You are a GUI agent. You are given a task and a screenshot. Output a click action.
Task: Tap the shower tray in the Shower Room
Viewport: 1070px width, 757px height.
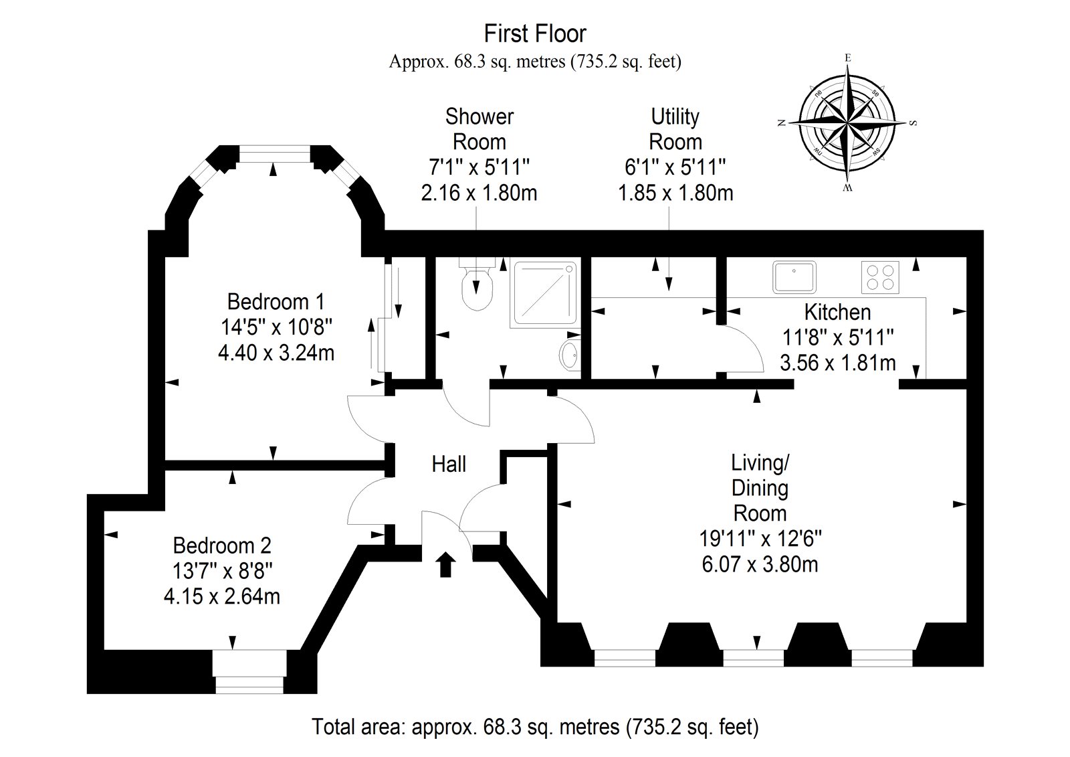click(545, 295)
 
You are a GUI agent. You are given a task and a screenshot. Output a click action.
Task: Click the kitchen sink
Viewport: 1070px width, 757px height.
click(794, 276)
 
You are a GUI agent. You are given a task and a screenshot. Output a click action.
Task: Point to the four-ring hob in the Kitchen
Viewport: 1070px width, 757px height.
click(880, 277)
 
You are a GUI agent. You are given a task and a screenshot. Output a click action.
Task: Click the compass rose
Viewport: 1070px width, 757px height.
click(847, 123)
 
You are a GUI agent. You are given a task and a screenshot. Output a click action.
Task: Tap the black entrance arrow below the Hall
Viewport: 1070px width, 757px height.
click(445, 564)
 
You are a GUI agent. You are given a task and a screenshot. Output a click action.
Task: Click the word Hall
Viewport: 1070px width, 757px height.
click(449, 465)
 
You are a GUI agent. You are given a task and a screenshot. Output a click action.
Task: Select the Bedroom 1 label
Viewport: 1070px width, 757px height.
click(276, 302)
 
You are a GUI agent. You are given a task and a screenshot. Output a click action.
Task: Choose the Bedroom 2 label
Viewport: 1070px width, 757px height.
click(222, 545)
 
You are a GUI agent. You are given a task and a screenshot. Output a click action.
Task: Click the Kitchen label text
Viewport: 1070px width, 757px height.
click(837, 312)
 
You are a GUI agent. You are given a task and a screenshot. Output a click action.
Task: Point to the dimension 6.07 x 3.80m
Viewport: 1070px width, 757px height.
click(760, 564)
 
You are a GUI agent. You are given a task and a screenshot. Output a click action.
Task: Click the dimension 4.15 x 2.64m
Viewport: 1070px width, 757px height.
click(221, 597)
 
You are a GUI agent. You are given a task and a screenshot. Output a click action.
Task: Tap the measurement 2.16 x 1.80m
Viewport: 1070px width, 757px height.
click(479, 193)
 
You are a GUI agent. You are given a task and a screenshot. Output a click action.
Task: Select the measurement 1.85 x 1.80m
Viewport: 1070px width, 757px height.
click(675, 193)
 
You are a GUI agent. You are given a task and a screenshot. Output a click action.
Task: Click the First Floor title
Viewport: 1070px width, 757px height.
click(535, 33)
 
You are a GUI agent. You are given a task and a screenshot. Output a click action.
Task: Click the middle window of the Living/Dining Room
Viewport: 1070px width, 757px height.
click(753, 657)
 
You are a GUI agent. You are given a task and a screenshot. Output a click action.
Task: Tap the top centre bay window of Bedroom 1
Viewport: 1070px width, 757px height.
click(274, 154)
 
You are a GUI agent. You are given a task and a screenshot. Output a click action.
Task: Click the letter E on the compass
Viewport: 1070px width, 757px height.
click(848, 58)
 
